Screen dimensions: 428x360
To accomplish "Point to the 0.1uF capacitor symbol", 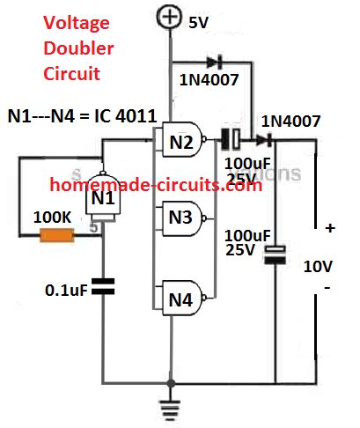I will pyautogui.click(x=103, y=286).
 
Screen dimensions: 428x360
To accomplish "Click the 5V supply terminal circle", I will pyautogui.click(x=168, y=16).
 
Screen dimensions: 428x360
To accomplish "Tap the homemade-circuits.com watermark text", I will pyautogui.click(x=155, y=186).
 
